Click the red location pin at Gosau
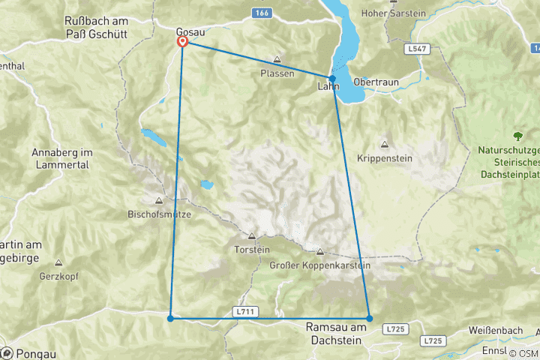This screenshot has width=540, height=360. coord(182,42)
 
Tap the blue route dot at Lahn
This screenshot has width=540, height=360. coord(332,78)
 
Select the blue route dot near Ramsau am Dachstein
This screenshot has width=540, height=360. coord(369,319)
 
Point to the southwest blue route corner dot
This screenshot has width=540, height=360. coord(171,319)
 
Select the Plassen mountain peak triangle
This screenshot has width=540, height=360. coord(277,60)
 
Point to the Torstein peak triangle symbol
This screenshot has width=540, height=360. coord(251,235)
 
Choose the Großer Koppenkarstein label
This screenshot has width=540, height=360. coord(320,265)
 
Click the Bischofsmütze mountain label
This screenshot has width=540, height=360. coord(160,214)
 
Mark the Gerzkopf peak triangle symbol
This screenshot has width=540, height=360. coord(58,262)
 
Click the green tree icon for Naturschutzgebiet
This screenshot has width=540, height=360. coord(517,136)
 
